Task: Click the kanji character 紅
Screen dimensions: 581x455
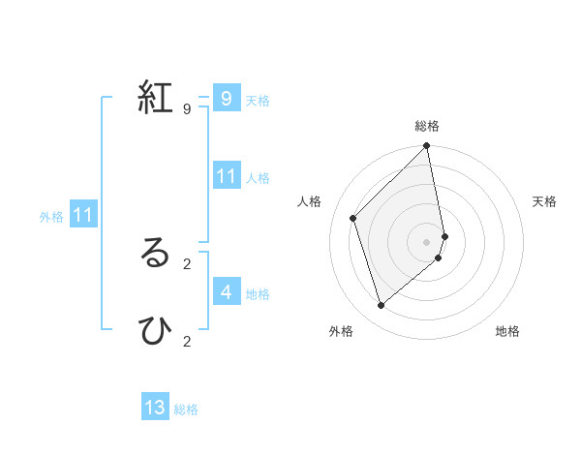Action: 155,98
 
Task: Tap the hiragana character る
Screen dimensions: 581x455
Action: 155,253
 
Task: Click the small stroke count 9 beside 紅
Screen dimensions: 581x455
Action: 186,108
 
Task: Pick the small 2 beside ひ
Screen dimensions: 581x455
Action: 186,341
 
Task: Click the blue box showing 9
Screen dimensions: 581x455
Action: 226,99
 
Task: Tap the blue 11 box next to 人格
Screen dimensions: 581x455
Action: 226,176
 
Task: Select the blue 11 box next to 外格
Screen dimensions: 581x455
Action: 83,215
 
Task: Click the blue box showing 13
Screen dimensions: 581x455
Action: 155,408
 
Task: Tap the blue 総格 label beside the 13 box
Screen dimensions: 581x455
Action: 186,409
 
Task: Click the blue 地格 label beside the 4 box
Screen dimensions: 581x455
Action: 258,294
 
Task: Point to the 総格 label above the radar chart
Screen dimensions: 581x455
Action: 427,126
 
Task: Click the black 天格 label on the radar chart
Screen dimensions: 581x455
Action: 544,201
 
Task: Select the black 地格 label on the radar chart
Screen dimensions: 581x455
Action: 507,331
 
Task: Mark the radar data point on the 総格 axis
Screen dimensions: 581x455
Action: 427,147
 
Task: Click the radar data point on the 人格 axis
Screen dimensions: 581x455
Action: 353,218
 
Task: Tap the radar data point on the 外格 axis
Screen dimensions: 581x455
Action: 382,306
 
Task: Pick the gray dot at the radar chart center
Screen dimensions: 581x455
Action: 427,241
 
